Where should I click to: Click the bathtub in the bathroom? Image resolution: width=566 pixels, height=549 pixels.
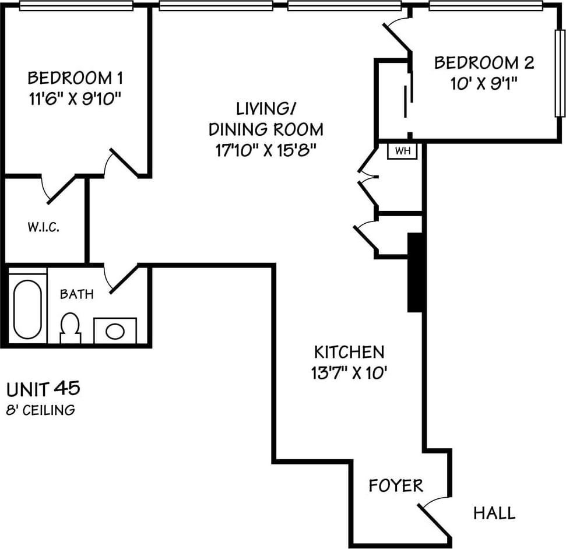[27, 309]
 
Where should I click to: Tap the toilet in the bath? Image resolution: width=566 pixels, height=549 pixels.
[70, 328]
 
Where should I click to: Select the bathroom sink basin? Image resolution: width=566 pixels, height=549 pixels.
[115, 332]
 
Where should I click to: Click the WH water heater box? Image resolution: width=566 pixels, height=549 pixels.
[402, 151]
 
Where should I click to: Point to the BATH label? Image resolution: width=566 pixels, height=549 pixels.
[76, 294]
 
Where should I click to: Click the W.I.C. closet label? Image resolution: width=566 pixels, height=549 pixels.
[43, 227]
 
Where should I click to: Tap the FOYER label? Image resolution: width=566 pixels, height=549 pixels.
[396, 485]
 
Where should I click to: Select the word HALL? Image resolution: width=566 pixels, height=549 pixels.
[494, 513]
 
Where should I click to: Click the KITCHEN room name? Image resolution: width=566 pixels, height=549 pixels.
[349, 352]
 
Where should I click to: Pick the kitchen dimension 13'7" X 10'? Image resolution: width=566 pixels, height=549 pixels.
[349, 372]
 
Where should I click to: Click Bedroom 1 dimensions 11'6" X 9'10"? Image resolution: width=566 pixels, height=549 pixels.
[75, 98]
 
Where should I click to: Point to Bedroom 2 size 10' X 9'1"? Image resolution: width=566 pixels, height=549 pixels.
[484, 84]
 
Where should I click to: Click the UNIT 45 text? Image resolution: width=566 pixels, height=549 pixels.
[43, 389]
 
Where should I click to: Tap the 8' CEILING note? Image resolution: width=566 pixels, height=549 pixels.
[41, 410]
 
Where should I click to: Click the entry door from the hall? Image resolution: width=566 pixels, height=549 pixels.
[435, 520]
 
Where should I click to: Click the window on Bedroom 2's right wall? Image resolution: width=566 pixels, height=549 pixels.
[560, 73]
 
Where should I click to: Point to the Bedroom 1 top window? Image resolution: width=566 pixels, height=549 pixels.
[76, 5]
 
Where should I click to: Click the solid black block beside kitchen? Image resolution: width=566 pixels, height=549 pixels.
[415, 273]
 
